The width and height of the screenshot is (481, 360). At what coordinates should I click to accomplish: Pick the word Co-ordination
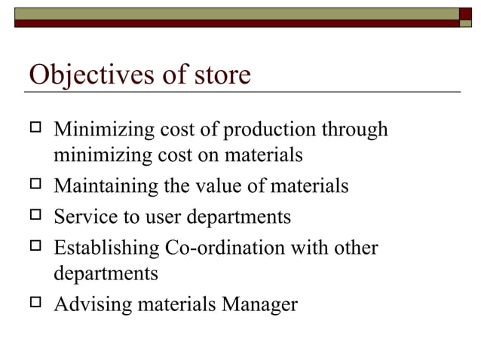[x=225, y=248]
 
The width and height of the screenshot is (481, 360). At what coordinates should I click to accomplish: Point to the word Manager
[x=260, y=304]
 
